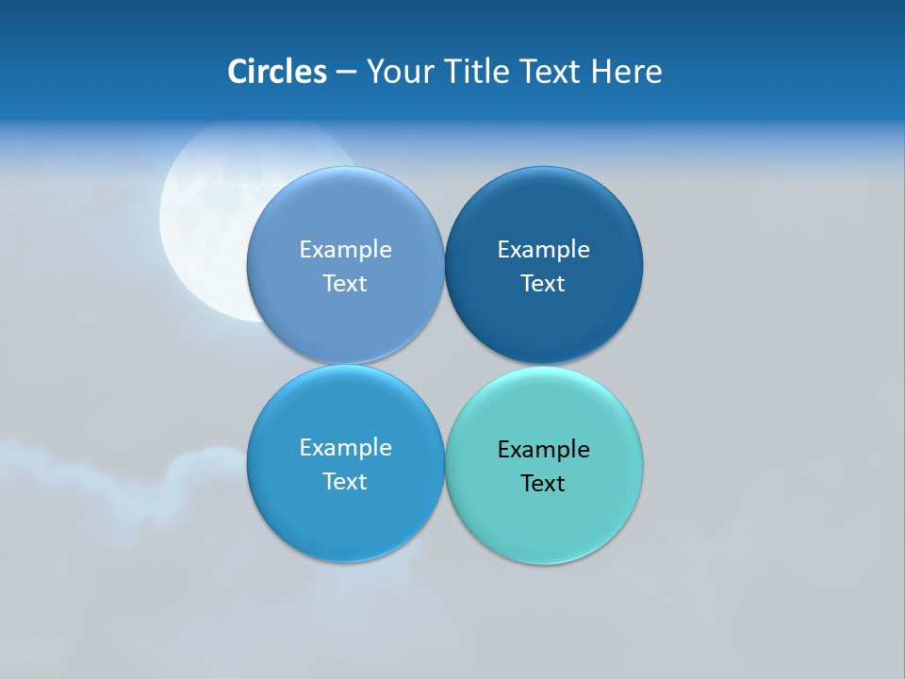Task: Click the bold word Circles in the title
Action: click(x=276, y=72)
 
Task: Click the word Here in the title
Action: click(x=626, y=72)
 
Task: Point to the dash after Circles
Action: click(x=346, y=73)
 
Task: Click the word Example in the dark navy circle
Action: click(x=543, y=249)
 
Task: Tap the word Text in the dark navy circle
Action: click(x=543, y=283)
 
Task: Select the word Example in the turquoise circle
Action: click(x=543, y=449)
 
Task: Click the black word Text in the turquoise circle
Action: click(x=543, y=483)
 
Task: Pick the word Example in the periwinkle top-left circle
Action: click(x=345, y=249)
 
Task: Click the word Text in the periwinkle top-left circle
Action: click(x=345, y=283)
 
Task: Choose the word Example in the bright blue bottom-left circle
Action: click(x=345, y=447)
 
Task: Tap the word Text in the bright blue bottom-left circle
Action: click(x=345, y=481)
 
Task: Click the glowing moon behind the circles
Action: click(x=203, y=217)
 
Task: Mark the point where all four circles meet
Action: click(x=444, y=364)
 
